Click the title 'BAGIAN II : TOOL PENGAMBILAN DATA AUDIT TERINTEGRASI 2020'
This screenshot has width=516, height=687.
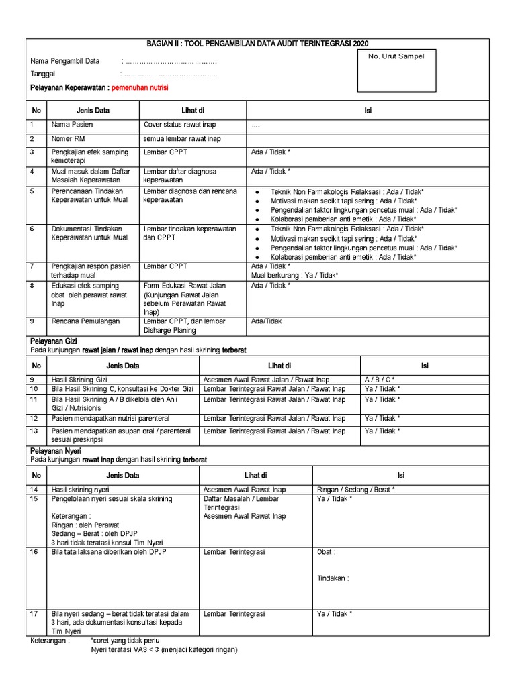257,42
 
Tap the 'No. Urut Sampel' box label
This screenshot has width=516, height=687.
396,56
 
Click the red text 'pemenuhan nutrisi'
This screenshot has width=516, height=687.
140,88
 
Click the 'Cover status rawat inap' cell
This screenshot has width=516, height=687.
179,125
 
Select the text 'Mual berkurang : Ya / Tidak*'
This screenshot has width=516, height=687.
294,275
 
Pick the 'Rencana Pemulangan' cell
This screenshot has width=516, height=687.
85,321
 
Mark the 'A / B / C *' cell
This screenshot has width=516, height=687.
380,380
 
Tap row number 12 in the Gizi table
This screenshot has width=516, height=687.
35,418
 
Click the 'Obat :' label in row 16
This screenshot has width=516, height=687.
327,552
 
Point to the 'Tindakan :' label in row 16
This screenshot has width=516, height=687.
333,578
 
